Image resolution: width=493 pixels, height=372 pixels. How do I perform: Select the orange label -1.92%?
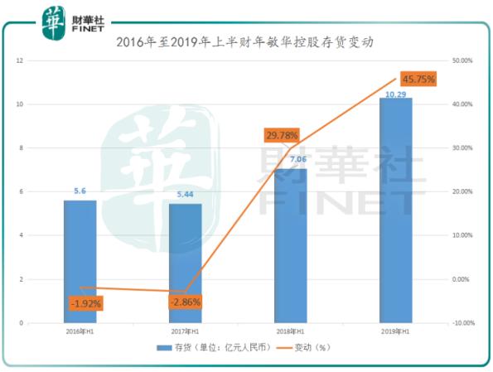(x=85, y=303)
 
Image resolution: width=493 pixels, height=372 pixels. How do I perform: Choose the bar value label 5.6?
(x=80, y=191)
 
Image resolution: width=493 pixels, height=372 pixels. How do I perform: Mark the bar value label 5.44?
(x=184, y=195)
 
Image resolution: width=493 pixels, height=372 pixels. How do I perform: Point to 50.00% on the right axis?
(x=461, y=60)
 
